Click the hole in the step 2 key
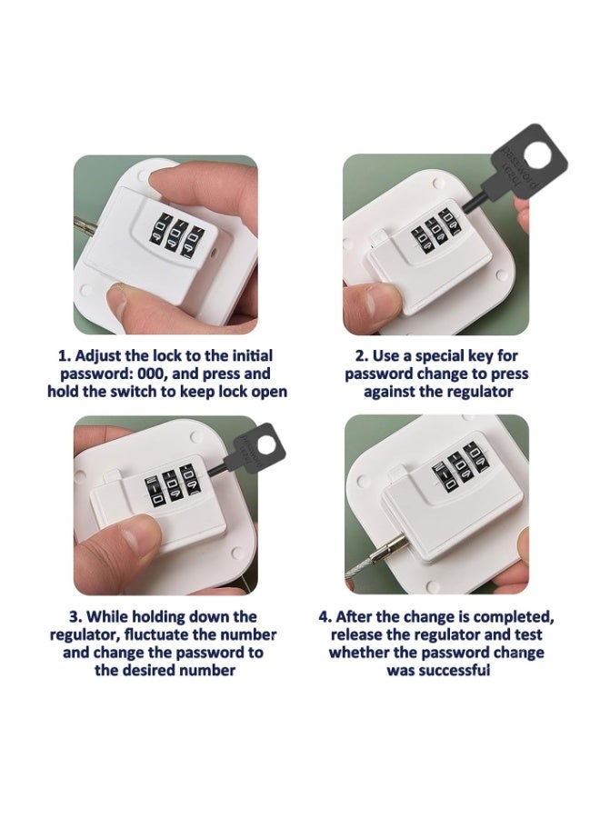click(537, 155)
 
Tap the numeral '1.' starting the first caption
click(65, 356)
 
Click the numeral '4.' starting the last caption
click(325, 617)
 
